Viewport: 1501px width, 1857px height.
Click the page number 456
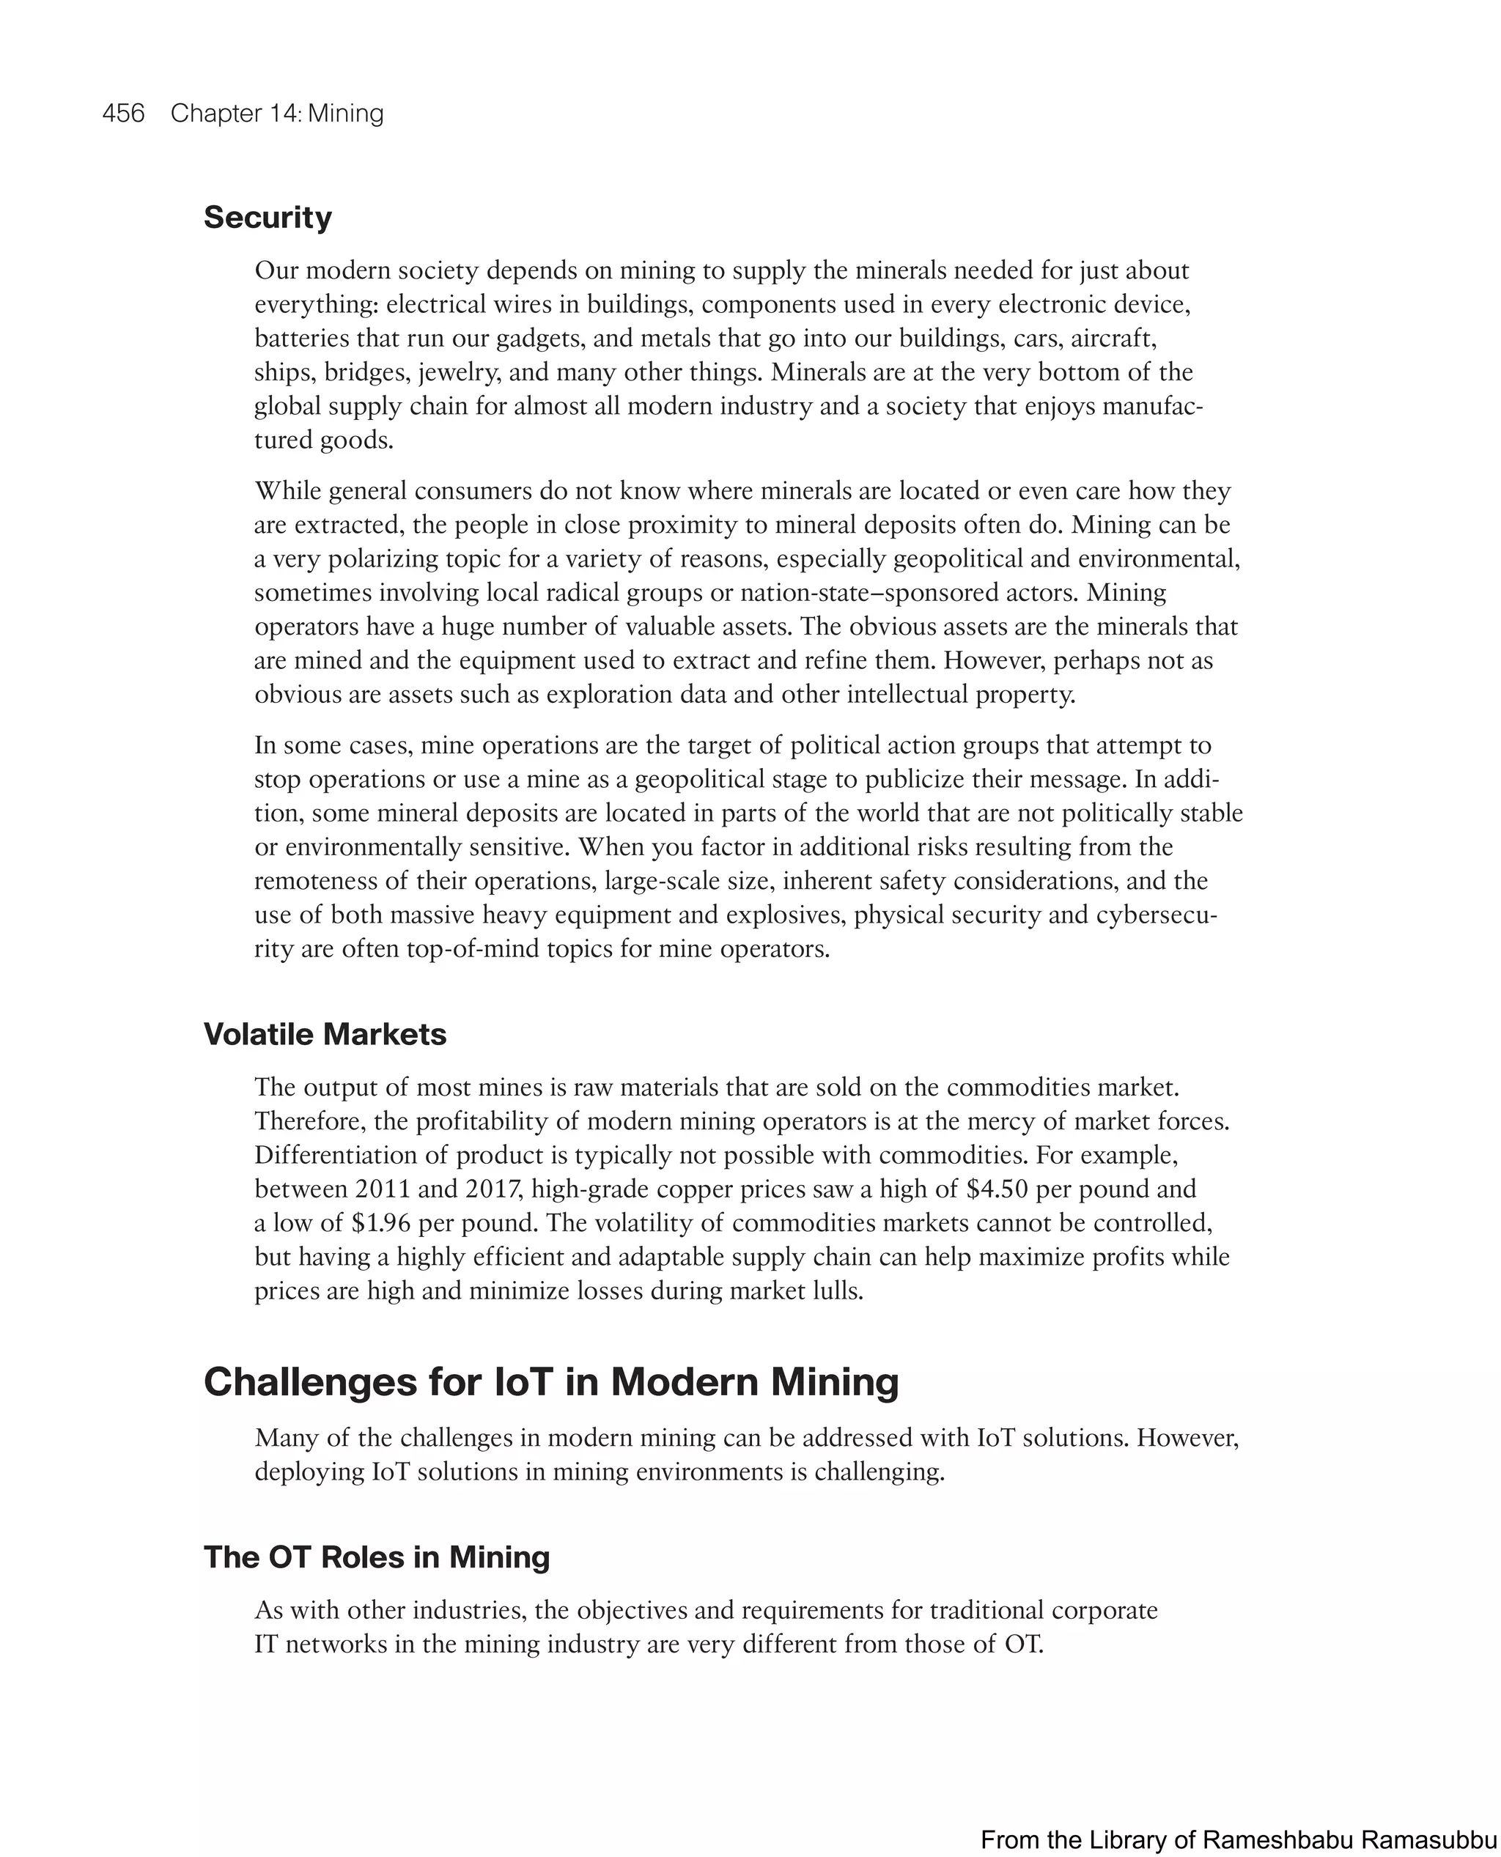pos(123,114)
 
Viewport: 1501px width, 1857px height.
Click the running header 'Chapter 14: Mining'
pos(277,114)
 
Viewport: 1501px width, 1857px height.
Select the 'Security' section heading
pos(268,217)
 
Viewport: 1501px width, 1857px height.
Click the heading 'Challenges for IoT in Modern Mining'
pos(550,1381)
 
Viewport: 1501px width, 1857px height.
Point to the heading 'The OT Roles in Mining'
pos(376,1557)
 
